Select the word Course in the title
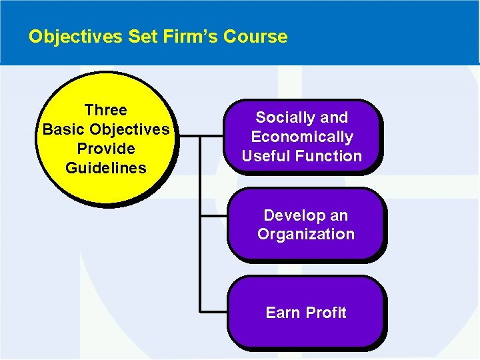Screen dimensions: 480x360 [256, 37]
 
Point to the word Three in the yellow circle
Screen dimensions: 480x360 [105, 110]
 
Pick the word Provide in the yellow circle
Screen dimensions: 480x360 [105, 149]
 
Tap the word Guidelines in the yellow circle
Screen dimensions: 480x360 [105, 168]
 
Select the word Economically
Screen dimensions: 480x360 [302, 137]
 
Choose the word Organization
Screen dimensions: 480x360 [306, 235]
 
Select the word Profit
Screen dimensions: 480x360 [326, 313]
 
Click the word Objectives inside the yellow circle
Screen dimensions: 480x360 [129, 129]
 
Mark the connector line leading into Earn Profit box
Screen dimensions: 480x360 [214, 311]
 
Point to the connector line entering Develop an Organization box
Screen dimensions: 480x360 [214, 216]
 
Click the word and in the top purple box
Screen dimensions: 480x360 [334, 118]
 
